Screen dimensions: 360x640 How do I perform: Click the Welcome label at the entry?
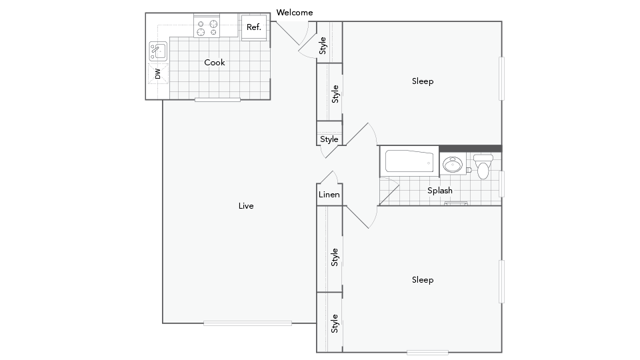point(294,13)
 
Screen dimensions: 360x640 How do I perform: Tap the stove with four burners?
point(207,28)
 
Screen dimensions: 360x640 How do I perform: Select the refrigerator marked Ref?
point(253,27)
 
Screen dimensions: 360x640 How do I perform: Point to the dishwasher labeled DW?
point(158,74)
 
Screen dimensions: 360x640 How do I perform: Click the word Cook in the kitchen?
point(215,63)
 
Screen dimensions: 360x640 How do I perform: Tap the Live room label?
point(246,206)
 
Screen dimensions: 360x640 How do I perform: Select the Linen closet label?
point(329,195)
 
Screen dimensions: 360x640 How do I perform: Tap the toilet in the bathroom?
point(483,167)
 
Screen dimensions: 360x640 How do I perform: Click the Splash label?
point(440,191)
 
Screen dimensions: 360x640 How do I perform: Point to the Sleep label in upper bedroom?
point(423,81)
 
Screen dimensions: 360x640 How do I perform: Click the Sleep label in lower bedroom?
point(423,280)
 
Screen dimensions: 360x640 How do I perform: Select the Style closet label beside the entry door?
point(323,45)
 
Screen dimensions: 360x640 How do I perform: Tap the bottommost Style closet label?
point(335,323)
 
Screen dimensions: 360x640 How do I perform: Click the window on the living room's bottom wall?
point(247,323)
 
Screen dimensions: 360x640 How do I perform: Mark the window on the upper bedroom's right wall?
point(502,78)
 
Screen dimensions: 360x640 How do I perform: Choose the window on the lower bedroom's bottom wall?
point(427,352)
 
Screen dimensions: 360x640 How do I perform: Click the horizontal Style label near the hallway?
point(329,139)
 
